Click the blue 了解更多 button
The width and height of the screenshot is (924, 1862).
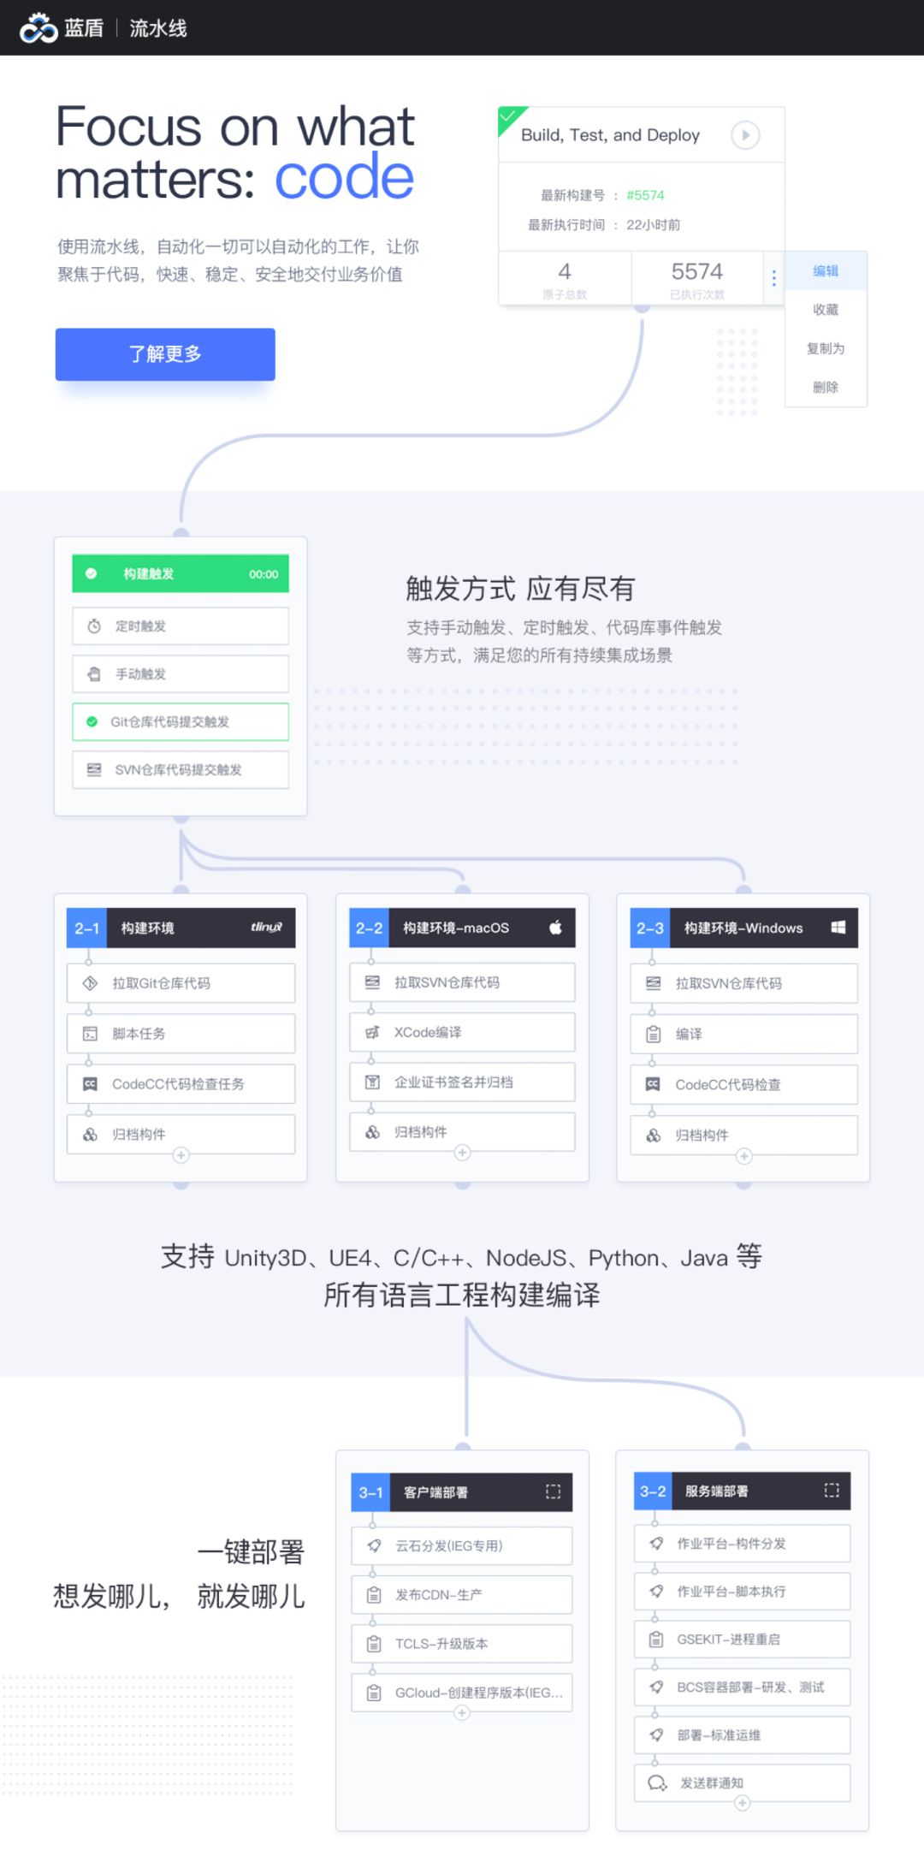165,354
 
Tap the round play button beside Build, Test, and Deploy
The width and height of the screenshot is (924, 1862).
745,135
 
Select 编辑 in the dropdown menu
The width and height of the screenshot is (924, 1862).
826,271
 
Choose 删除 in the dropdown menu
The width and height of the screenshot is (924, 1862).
826,388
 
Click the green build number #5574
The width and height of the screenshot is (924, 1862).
645,195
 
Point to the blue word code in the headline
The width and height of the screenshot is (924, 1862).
344,178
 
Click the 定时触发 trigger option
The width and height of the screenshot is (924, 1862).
181,626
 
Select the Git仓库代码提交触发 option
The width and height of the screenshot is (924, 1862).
181,722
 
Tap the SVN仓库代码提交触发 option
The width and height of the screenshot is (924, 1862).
181,770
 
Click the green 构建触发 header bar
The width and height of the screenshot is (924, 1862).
181,574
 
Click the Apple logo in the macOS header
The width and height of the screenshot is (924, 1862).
555,928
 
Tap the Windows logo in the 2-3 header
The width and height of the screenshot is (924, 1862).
838,928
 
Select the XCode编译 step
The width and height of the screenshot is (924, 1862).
462,1033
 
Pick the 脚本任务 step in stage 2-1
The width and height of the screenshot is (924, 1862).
181,1034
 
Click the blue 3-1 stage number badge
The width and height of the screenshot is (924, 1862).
370,1492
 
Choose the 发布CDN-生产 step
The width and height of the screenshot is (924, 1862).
462,1595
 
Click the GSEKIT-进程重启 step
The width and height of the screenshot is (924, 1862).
742,1640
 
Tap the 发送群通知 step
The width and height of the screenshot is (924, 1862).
742,1783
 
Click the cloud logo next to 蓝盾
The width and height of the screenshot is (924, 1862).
38,28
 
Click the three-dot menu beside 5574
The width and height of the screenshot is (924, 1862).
773,278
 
